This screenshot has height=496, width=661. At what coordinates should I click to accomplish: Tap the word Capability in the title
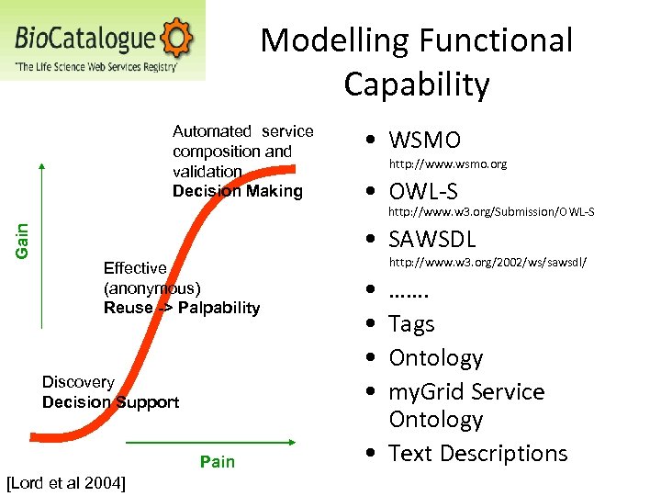(417, 85)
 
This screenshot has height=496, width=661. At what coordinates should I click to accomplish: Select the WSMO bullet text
(424, 141)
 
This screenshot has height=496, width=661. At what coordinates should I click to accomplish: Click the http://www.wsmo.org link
(448, 164)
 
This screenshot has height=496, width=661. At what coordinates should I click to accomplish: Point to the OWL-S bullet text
(423, 191)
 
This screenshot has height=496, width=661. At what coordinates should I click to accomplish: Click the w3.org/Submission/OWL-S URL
(491, 212)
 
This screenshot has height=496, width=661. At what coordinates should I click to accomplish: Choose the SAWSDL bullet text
(432, 240)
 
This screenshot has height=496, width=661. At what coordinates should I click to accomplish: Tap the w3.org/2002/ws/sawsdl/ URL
(487, 263)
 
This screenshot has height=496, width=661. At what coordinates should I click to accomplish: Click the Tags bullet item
(411, 324)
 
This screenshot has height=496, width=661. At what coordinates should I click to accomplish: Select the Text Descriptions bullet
(477, 454)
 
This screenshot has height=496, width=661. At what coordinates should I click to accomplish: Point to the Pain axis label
(218, 461)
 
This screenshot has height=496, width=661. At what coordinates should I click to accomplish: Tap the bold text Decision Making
(237, 191)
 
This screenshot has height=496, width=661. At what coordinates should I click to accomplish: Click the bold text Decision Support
(110, 402)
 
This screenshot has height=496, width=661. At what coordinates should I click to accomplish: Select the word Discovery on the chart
(78, 382)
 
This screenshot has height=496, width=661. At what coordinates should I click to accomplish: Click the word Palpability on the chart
(219, 308)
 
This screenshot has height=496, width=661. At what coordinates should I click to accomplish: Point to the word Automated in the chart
(211, 131)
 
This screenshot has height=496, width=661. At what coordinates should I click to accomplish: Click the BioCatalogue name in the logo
(85, 39)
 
